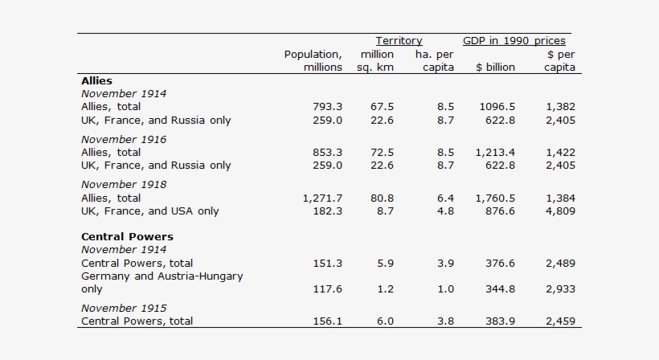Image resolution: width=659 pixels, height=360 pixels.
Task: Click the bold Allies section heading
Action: click(x=96, y=81)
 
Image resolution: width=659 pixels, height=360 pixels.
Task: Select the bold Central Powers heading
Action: click(x=127, y=237)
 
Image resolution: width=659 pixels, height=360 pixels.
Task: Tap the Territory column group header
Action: click(x=399, y=41)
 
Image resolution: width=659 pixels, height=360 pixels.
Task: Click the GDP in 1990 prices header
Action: click(x=514, y=41)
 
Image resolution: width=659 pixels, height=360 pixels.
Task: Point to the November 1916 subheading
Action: click(x=124, y=139)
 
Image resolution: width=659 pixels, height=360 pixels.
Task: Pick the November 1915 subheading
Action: click(x=124, y=308)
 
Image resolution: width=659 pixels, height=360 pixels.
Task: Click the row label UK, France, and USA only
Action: click(x=149, y=211)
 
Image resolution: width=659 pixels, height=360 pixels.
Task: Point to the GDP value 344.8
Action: click(x=498, y=289)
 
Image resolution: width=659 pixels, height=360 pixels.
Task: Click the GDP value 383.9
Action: click(x=498, y=321)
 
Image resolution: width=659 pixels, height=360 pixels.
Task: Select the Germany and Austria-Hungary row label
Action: click(x=162, y=276)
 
